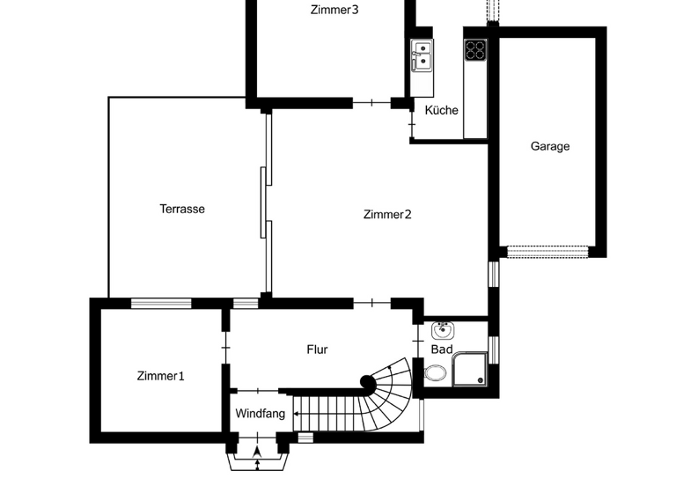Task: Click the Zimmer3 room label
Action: (x=334, y=11)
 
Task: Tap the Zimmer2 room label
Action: (x=387, y=214)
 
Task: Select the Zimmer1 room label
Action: (x=160, y=376)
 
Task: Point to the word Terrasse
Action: (x=182, y=209)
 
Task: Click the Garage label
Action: (x=550, y=146)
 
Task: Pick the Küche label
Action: (x=441, y=110)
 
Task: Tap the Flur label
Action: (x=317, y=350)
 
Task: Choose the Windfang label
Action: (x=260, y=413)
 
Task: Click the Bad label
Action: (x=441, y=350)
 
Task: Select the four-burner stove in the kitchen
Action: (x=475, y=50)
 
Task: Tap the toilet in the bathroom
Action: (x=435, y=373)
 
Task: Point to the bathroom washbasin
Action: (x=442, y=331)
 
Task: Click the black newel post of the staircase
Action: (x=367, y=382)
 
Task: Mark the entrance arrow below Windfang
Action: (x=256, y=453)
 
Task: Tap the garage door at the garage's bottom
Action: (x=547, y=252)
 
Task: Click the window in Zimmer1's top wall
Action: (x=161, y=304)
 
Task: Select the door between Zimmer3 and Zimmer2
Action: (x=371, y=103)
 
